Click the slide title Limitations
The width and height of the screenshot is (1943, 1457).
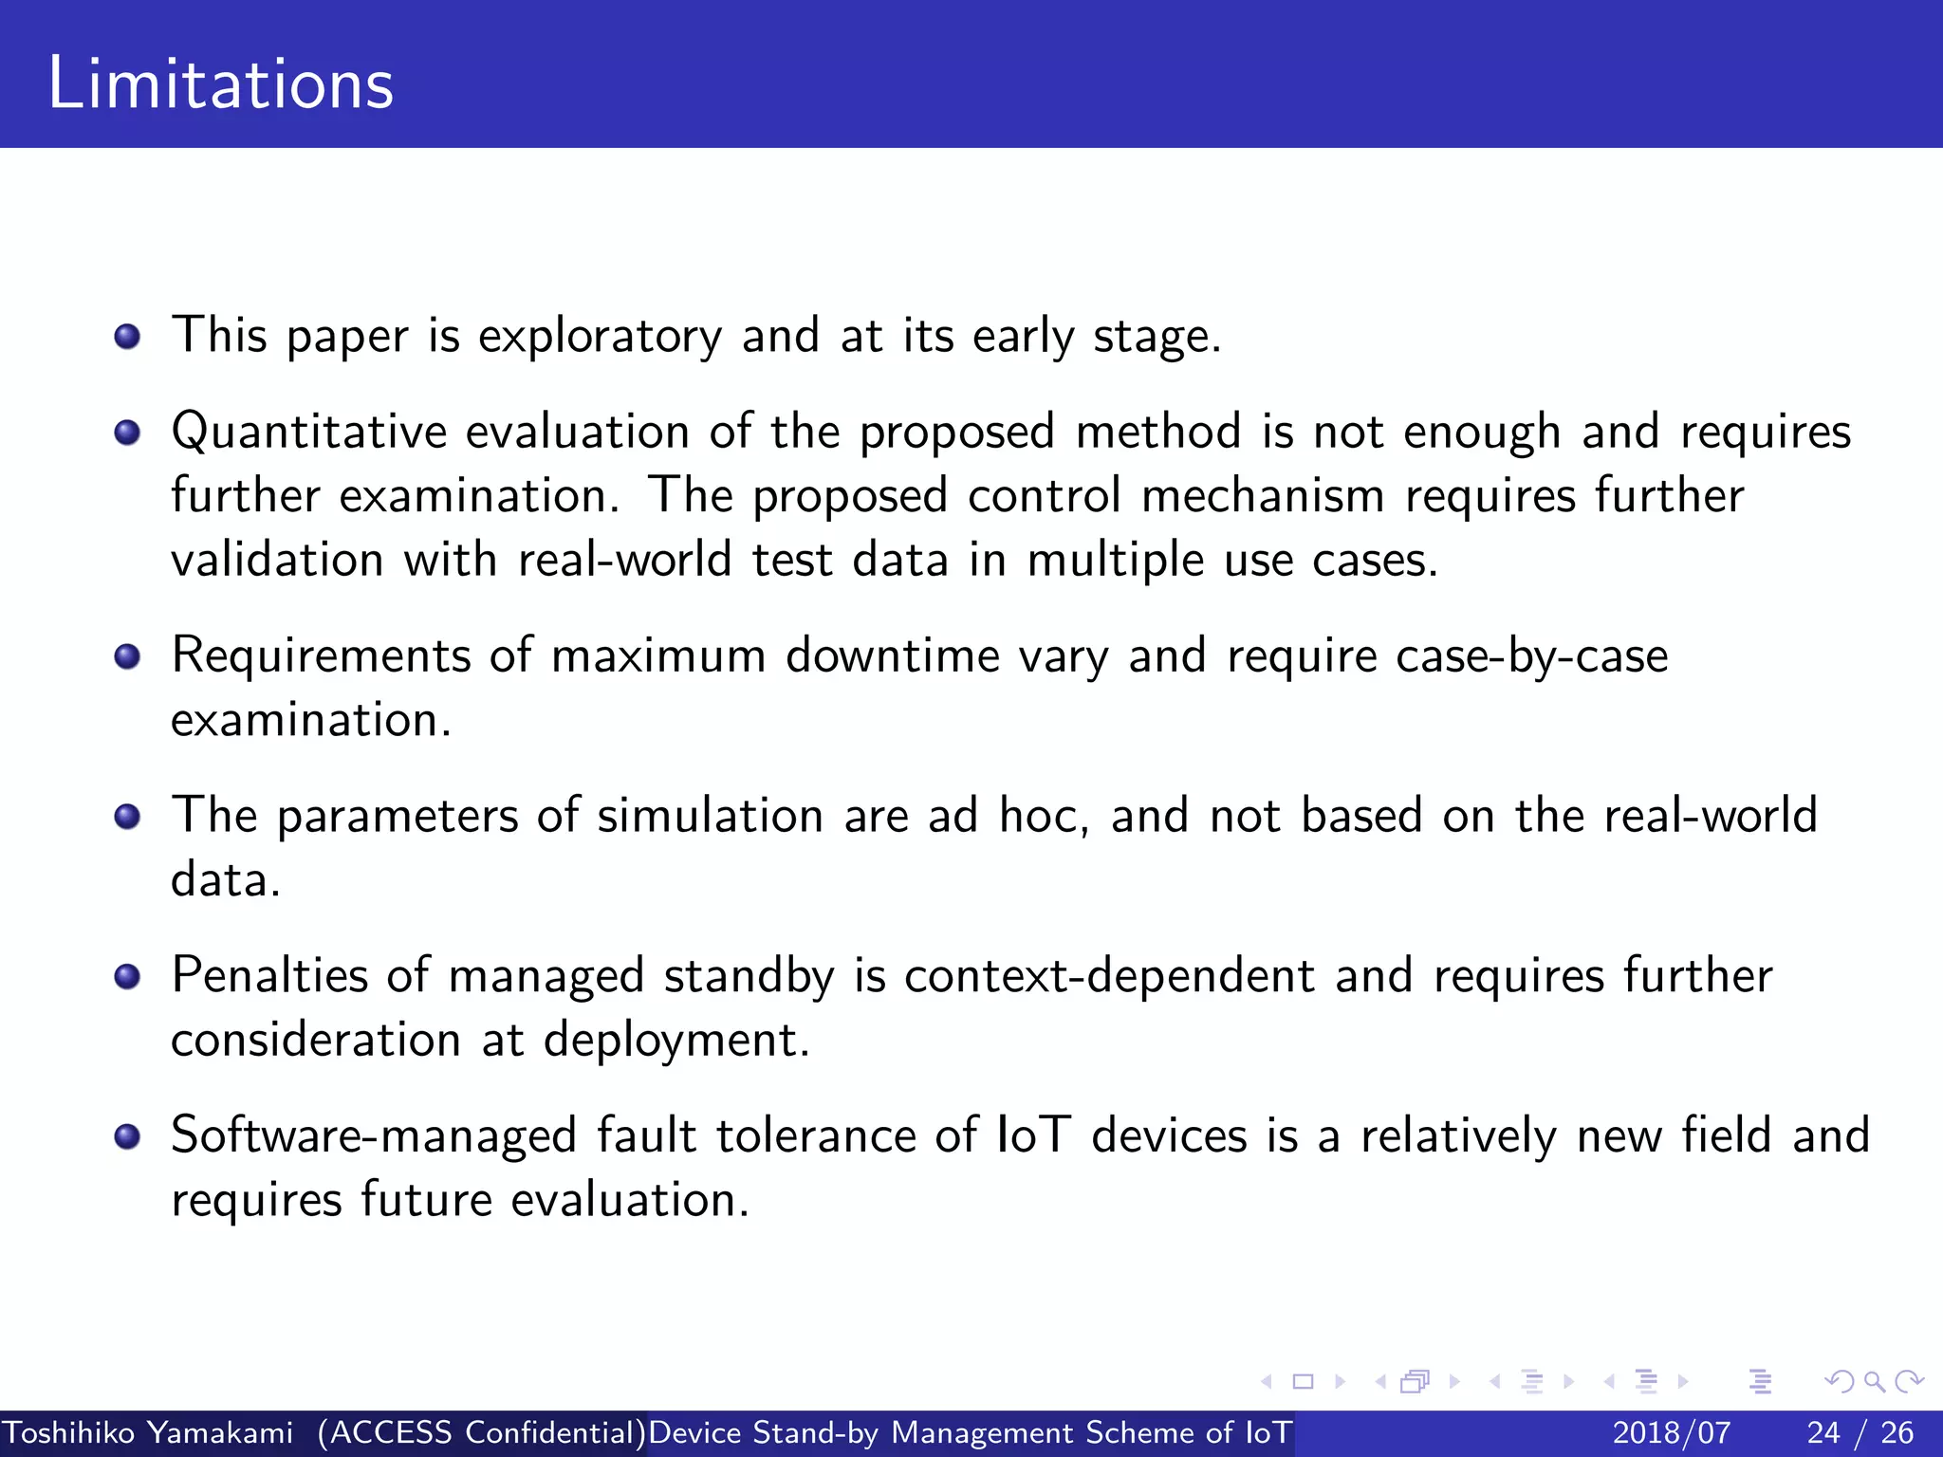coord(220,83)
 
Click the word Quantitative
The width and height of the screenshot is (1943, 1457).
coord(308,433)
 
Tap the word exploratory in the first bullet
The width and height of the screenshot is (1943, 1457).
coord(600,337)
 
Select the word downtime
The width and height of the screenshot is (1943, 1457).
coord(892,656)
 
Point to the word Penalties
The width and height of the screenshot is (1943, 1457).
coord(268,976)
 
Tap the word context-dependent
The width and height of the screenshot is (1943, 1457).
coord(1109,976)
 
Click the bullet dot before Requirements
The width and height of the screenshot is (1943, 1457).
coord(127,656)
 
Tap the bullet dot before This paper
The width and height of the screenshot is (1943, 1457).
coord(127,337)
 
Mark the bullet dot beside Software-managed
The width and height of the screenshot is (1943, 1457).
coord(127,1136)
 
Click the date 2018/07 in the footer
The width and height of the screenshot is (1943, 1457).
coord(1671,1432)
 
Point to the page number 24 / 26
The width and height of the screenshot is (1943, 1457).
coord(1860,1432)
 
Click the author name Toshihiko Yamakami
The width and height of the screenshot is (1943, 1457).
coord(148,1432)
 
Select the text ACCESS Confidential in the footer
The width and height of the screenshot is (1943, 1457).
coord(482,1432)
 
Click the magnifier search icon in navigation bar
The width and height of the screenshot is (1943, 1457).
coord(1874,1382)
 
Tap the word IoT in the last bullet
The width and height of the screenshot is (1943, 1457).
coord(1034,1136)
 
